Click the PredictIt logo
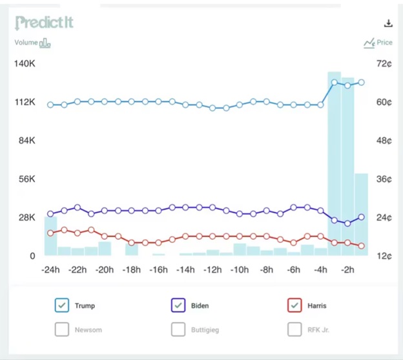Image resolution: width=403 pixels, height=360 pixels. pyautogui.click(x=44, y=23)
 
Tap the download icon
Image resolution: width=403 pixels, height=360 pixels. pyautogui.click(x=388, y=23)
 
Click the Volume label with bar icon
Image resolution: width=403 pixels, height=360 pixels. pyautogui.click(x=32, y=43)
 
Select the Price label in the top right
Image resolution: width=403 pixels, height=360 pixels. pyautogui.click(x=378, y=43)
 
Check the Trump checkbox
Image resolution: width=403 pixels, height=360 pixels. pyautogui.click(x=62, y=305)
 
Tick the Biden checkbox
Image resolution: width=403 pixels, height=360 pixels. pyautogui.click(x=178, y=305)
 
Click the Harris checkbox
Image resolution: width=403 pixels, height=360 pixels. pyautogui.click(x=294, y=305)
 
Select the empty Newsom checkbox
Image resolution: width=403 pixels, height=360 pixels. pyautogui.click(x=62, y=329)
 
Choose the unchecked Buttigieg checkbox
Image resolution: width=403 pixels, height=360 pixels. pyautogui.click(x=178, y=329)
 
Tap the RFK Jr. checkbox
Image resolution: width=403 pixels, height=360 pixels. pyautogui.click(x=294, y=329)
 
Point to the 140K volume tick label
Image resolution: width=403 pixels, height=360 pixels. pyautogui.click(x=25, y=63)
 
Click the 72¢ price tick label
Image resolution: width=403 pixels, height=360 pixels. pyautogui.click(x=384, y=63)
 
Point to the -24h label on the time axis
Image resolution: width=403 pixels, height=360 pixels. pyautogui.click(x=50, y=270)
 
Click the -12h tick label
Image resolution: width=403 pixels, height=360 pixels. pyautogui.click(x=212, y=270)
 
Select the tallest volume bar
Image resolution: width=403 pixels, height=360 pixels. pyautogui.click(x=334, y=164)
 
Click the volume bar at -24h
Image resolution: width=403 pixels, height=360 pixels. pyautogui.click(x=50, y=236)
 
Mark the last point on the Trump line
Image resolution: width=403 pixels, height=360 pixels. pyautogui.click(x=361, y=82)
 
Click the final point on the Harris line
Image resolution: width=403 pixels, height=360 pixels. pyautogui.click(x=361, y=246)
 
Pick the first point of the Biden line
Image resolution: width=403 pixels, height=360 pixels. pyautogui.click(x=50, y=214)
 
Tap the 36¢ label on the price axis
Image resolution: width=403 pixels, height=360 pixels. pyautogui.click(x=384, y=179)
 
